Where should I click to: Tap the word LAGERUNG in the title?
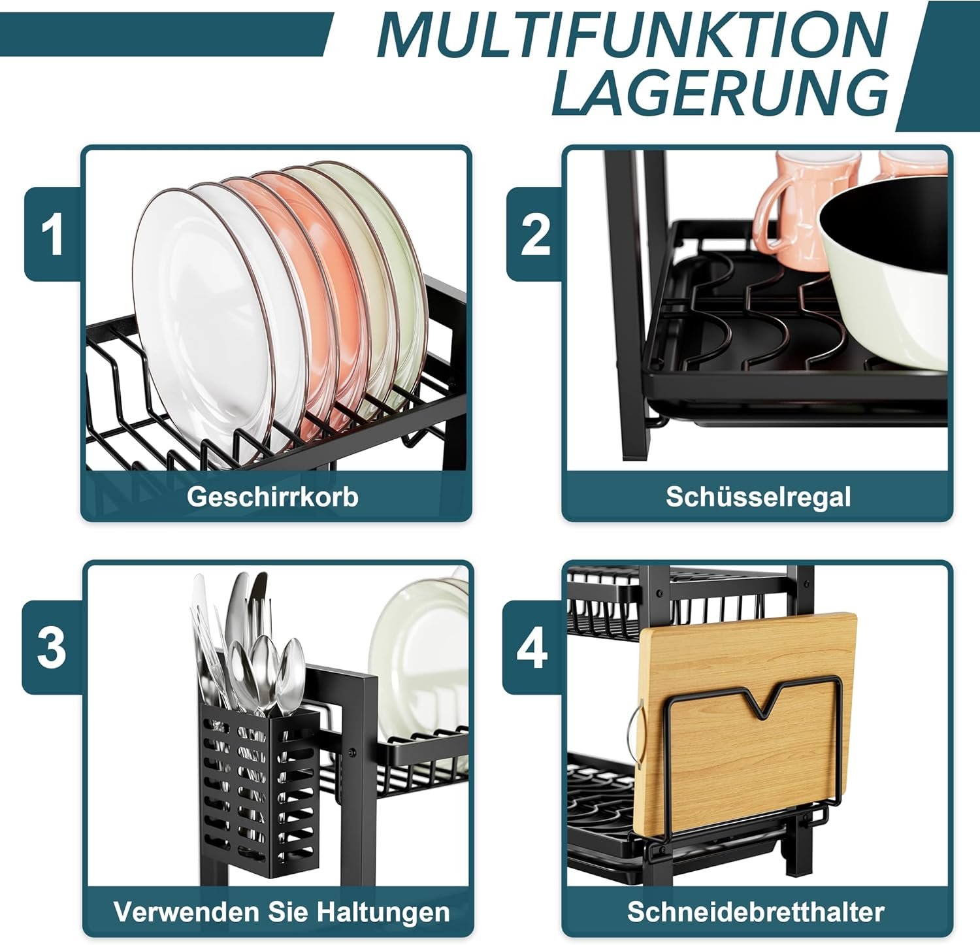(x=721, y=93)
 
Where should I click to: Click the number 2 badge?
(x=535, y=234)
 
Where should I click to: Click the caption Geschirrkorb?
(x=272, y=497)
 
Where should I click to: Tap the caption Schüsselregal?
(x=758, y=497)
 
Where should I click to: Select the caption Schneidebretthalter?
(x=756, y=911)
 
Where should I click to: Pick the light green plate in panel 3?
(x=418, y=660)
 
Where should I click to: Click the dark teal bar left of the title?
(x=167, y=35)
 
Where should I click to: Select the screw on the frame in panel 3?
(x=353, y=752)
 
